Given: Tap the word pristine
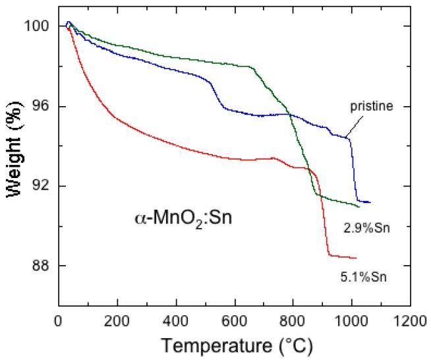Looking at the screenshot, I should click(x=371, y=106).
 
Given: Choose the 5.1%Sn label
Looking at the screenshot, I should click(x=365, y=277).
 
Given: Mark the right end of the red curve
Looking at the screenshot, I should click(x=357, y=258).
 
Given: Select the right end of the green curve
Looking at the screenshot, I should click(x=359, y=207).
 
